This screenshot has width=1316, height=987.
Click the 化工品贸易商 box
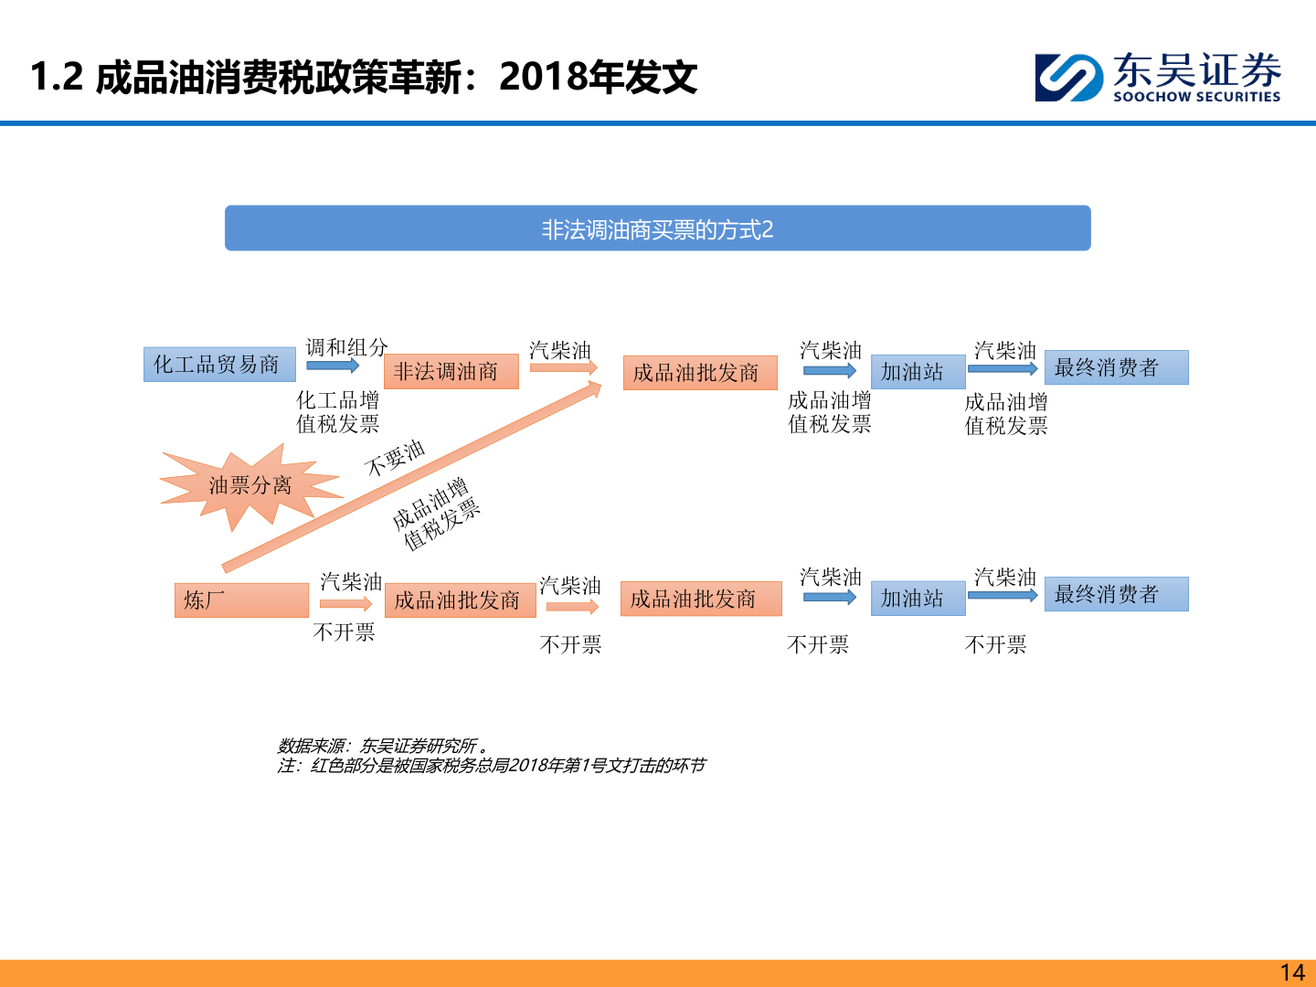coord(219,365)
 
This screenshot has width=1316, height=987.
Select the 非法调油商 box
coord(451,371)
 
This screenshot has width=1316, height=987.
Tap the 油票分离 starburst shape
coord(249,485)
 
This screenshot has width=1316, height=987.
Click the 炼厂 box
coord(241,600)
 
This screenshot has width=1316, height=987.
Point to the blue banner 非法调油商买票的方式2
coord(657,228)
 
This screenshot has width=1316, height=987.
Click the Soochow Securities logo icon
coord(1068,77)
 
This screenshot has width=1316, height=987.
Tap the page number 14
coord(1291,972)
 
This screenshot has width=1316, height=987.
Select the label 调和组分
coord(346,347)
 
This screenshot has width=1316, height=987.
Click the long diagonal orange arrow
coord(411,475)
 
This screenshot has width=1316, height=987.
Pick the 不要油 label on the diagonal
coord(395,458)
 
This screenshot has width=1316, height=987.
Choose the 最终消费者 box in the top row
coord(1116,367)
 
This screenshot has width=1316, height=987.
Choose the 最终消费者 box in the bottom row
coord(1116,594)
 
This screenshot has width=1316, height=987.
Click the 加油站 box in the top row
coord(918,372)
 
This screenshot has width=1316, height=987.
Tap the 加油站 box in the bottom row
coord(918,599)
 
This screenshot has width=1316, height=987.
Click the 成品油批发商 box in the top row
coord(699,373)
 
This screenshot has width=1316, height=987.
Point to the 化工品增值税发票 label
coord(337,412)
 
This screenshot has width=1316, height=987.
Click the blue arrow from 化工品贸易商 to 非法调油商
coord(333,366)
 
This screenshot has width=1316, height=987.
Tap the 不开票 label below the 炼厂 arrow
coord(344,632)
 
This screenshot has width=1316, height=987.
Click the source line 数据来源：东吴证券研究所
coord(382,746)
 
